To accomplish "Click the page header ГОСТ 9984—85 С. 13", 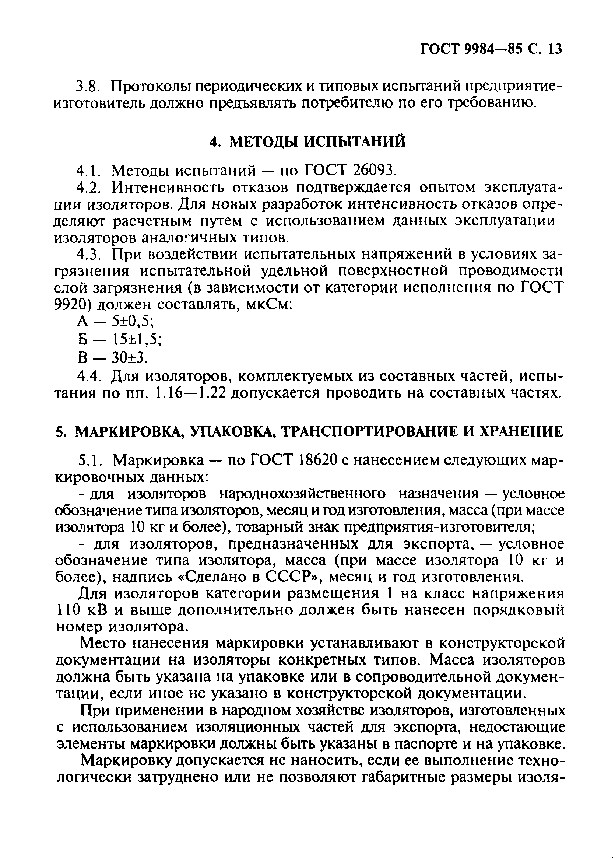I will tap(491, 49).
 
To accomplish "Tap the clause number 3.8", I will tap(88, 87).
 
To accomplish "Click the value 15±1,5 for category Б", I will tap(137, 339).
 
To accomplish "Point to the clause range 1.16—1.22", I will tap(191, 394).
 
